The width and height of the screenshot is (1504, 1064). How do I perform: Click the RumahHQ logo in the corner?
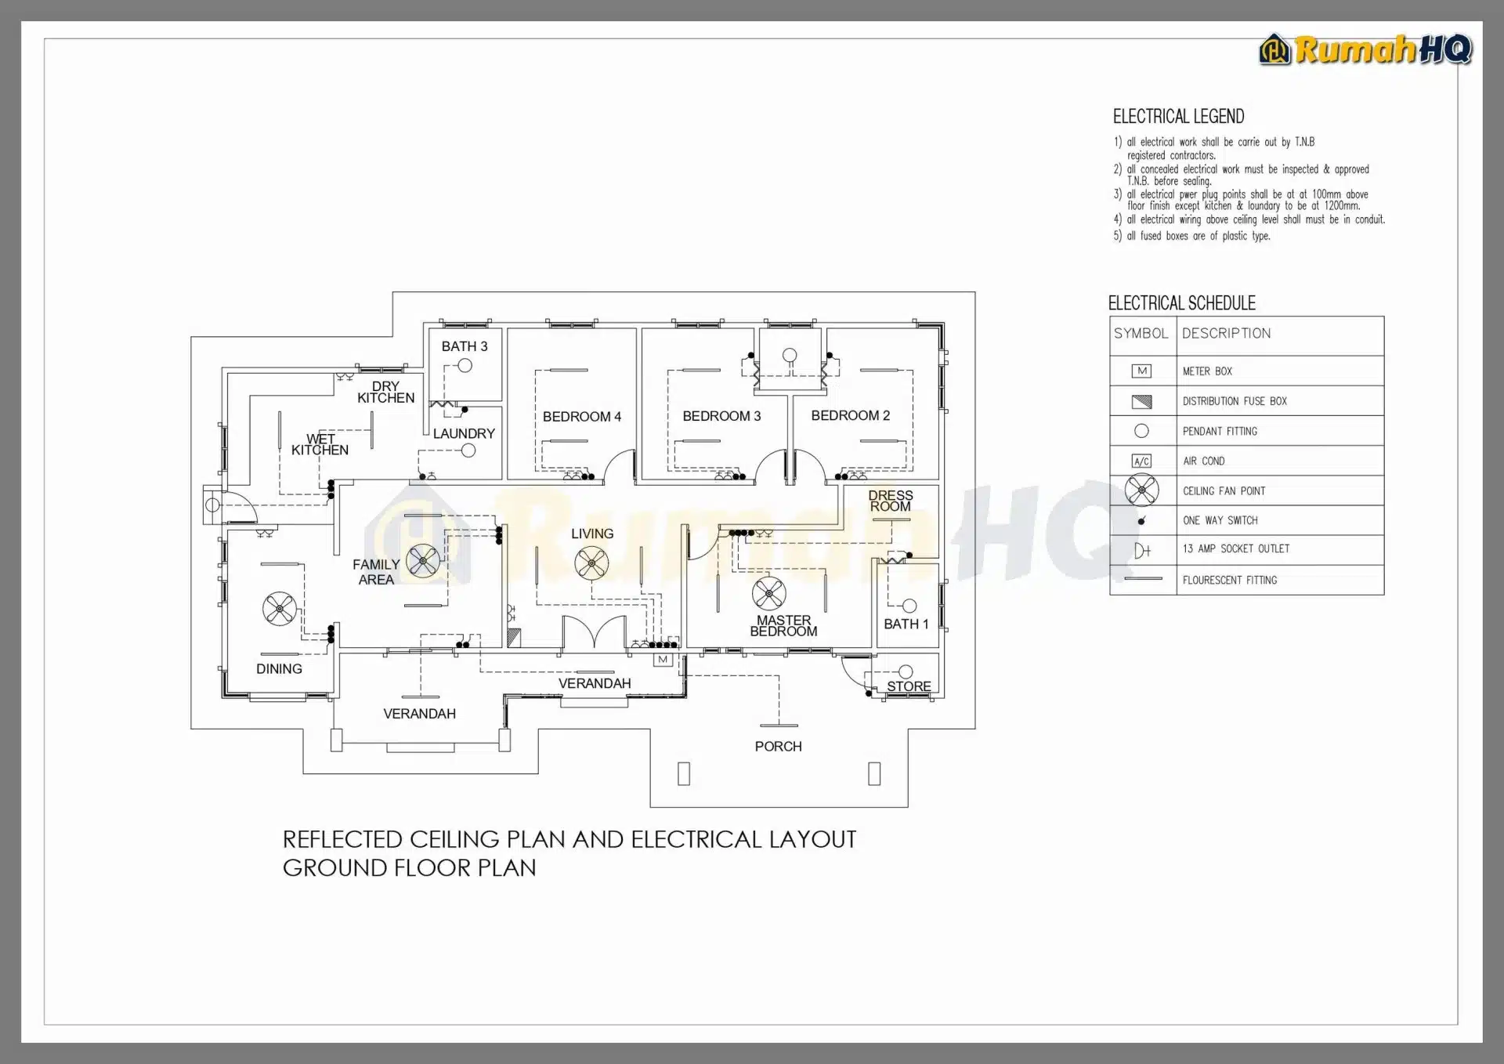tap(1365, 49)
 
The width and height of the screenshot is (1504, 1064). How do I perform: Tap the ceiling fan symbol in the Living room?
tap(591, 563)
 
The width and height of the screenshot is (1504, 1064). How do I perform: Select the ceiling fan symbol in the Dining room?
tap(280, 609)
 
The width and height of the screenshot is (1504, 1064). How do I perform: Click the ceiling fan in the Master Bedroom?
tap(768, 594)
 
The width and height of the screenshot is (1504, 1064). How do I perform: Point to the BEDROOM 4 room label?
tap(581, 417)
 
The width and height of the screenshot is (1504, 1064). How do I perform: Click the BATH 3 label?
tap(464, 346)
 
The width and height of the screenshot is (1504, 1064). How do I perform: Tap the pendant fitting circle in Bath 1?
tap(909, 606)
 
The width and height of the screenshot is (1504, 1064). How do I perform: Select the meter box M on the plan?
tap(663, 659)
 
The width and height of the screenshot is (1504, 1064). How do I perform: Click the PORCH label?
tap(778, 747)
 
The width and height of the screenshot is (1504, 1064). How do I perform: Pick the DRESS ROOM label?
tap(891, 501)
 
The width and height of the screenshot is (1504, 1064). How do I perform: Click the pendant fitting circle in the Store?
tap(906, 671)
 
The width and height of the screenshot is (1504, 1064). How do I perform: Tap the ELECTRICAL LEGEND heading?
tap(1178, 117)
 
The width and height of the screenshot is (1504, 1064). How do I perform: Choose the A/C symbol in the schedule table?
tap(1141, 461)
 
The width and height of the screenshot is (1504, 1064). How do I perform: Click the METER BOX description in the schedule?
tap(1207, 371)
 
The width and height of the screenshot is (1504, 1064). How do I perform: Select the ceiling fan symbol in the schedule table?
tap(1141, 490)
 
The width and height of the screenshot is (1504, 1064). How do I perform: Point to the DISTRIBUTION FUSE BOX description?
tap(1235, 401)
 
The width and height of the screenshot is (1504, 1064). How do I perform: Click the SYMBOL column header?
tap(1141, 334)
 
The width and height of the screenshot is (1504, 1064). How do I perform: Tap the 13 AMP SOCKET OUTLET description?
tap(1235, 549)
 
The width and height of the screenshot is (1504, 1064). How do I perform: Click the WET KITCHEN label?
tap(320, 444)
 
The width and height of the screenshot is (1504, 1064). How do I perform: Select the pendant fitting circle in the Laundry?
tap(468, 451)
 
